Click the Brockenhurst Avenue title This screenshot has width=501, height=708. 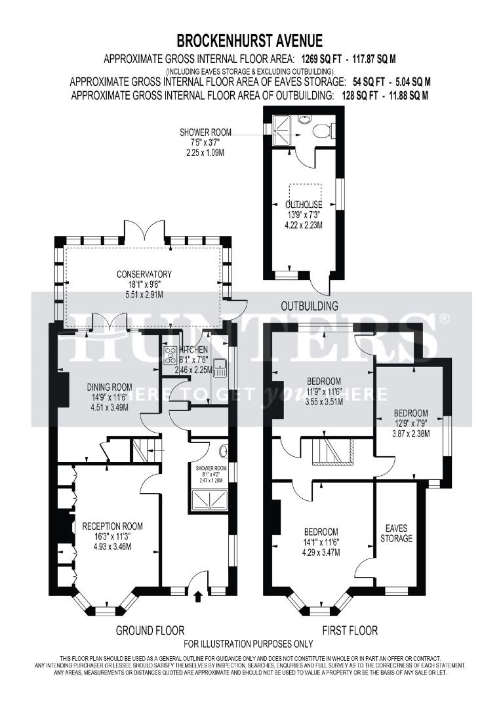(250, 42)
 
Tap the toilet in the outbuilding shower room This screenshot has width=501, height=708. (322, 131)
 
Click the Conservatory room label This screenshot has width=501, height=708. (144, 274)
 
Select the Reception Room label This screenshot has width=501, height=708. (112, 526)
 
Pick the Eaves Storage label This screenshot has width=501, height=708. (397, 533)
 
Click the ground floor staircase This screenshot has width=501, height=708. (145, 450)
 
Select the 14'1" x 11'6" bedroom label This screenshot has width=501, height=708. (321, 532)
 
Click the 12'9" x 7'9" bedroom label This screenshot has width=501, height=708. (411, 413)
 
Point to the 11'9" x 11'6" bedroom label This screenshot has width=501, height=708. (324, 382)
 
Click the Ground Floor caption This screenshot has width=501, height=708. (150, 631)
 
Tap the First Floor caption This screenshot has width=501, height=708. (350, 631)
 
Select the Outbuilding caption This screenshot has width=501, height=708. (310, 305)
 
